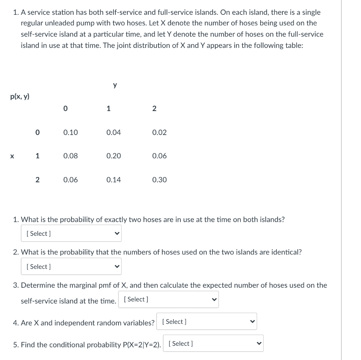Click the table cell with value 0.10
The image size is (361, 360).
click(71, 133)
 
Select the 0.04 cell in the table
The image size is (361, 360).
click(114, 133)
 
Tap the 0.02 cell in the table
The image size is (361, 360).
click(159, 133)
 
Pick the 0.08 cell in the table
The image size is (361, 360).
click(71, 156)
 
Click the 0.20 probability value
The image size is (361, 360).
click(114, 156)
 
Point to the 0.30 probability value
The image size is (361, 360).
click(159, 180)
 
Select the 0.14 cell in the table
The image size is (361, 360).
click(114, 180)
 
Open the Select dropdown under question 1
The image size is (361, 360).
click(71, 233)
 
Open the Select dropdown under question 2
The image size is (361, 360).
click(71, 267)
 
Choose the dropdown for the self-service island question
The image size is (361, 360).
click(168, 299)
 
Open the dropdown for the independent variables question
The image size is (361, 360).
click(207, 322)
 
